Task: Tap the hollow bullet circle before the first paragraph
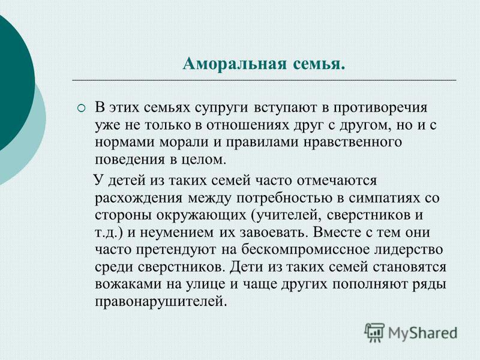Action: pyautogui.click(x=81, y=108)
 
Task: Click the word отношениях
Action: pyautogui.click(x=247, y=125)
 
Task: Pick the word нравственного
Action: pyautogui.click(x=352, y=143)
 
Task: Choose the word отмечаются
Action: pyautogui.click(x=337, y=181)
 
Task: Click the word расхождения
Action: pyautogui.click(x=139, y=199)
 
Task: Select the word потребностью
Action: pyautogui.click(x=284, y=199)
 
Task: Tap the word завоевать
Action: pyautogui.click(x=272, y=233)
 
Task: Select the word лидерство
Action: pyautogui.click(x=409, y=250)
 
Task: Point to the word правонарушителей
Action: pyautogui.click(x=161, y=302)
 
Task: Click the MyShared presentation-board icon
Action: pyautogui.click(x=374, y=332)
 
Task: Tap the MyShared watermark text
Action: pyautogui.click(x=422, y=333)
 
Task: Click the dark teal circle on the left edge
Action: pyautogui.click(x=12, y=83)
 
